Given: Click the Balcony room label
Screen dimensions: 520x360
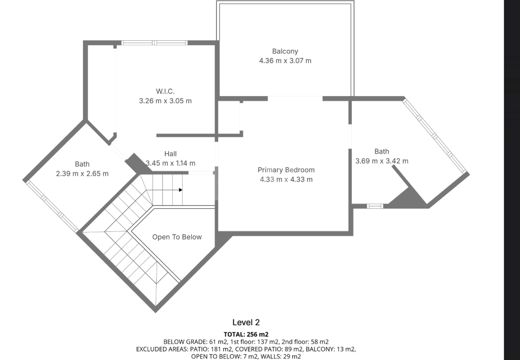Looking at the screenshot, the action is click(x=285, y=51).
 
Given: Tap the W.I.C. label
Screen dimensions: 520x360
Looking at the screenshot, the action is click(x=165, y=91).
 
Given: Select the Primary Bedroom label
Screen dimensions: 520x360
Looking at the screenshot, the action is click(x=286, y=170).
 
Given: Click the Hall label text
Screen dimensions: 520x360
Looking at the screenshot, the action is click(x=170, y=154).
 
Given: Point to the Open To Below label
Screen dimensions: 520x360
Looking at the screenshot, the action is click(x=177, y=237).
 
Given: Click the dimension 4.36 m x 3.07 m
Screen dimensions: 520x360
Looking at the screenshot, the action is click(x=285, y=61).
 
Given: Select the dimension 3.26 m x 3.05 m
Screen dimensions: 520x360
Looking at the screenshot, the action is click(x=165, y=101).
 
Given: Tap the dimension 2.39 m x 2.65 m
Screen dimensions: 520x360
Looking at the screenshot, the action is click(x=82, y=174).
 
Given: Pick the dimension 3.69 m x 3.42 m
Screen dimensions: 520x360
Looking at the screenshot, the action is click(x=382, y=161).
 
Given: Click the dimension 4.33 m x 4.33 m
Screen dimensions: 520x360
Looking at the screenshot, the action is click(x=286, y=180).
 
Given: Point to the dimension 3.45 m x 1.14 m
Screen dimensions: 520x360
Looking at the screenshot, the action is click(x=170, y=163).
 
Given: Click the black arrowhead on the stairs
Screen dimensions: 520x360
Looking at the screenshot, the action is click(x=180, y=190).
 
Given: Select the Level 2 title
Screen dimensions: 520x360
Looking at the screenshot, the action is click(x=246, y=322).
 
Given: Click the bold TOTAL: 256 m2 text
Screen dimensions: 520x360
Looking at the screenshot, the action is click(x=246, y=334).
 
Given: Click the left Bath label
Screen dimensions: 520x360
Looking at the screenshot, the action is click(x=82, y=164).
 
